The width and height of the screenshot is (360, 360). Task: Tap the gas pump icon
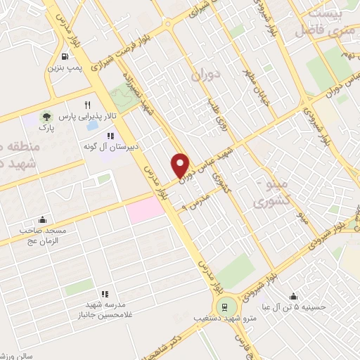point(65,57)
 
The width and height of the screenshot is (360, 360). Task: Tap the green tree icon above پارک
point(46,116)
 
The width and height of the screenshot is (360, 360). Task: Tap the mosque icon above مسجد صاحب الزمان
point(43,219)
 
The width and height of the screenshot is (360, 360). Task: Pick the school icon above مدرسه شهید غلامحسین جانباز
point(104,294)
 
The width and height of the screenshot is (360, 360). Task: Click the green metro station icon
point(225,306)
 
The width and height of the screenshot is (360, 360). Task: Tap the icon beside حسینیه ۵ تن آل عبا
point(293,296)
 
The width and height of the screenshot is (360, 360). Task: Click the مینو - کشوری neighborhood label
point(271,191)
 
